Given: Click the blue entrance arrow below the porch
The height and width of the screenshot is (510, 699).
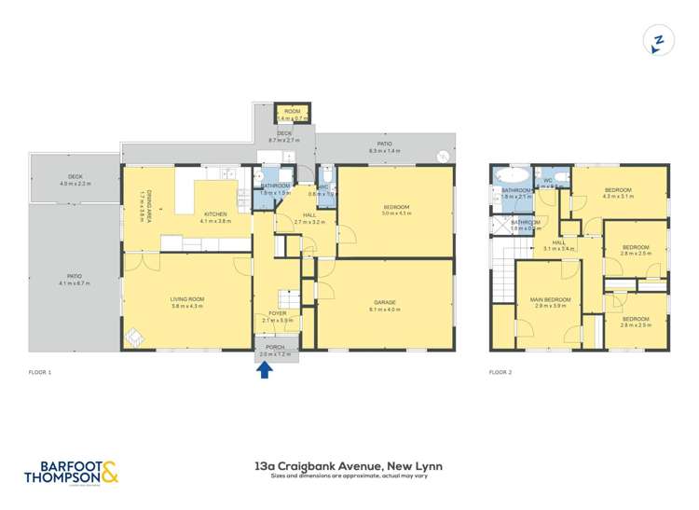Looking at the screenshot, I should [x=264, y=369].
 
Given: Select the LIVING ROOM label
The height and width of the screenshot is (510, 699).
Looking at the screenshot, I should [x=186, y=299].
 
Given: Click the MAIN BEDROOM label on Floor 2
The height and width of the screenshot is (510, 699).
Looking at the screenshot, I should [x=551, y=299].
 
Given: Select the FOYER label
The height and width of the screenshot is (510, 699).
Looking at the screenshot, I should [x=278, y=313].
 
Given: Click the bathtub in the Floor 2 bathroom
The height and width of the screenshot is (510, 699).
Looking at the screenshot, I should [x=513, y=175].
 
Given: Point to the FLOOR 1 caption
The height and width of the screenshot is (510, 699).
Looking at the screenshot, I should [x=39, y=372].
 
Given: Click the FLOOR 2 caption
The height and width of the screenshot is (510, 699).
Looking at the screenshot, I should [x=501, y=372].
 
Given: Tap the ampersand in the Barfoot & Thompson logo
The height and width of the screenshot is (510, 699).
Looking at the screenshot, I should [x=109, y=473].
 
